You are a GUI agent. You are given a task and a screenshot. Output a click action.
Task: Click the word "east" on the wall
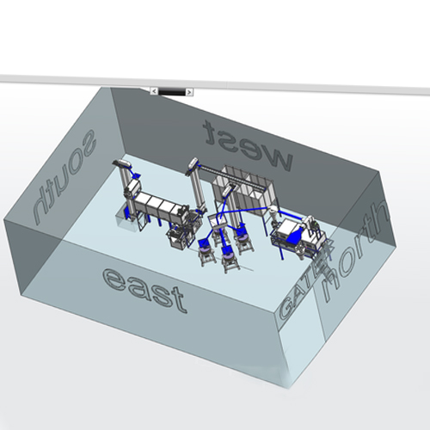point(144,290)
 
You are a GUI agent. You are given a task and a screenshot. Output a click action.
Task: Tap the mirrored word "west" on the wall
point(248,145)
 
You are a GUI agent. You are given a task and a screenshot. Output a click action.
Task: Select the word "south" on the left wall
point(64,175)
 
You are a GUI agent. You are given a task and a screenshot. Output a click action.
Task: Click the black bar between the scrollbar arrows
point(172,92)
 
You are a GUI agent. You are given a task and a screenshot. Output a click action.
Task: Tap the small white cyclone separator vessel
point(273,213)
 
